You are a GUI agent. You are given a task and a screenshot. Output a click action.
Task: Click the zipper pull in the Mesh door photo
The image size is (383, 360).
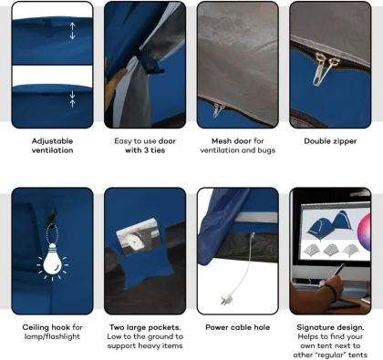(218, 110)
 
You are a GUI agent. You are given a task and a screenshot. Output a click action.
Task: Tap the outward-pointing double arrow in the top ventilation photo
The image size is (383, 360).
(72, 31)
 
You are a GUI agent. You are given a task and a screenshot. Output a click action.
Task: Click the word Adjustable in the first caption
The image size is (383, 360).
(52, 141)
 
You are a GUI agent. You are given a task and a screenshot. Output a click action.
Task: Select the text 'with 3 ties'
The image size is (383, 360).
(145, 150)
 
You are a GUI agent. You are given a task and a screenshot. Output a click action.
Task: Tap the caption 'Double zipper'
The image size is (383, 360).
(329, 141)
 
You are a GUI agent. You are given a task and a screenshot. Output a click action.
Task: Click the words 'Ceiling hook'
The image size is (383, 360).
(45, 326)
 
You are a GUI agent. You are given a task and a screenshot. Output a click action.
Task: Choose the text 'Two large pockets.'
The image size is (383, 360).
(145, 326)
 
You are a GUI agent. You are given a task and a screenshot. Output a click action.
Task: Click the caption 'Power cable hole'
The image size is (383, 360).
(237, 326)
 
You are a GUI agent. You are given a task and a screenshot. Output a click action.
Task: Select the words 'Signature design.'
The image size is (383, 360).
(329, 326)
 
